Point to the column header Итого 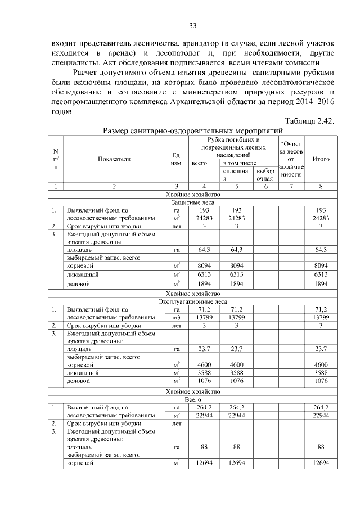321,159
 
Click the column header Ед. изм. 176,159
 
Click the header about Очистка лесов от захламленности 291,159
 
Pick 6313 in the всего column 200,274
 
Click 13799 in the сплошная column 236,318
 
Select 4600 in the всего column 200,365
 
